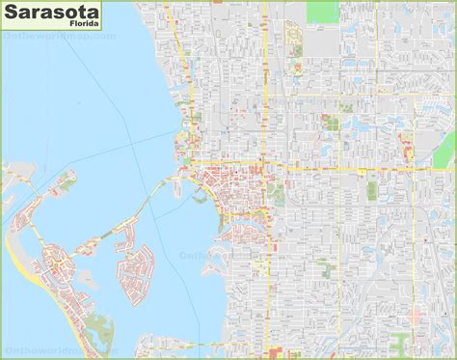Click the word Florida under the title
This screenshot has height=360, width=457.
(68, 30)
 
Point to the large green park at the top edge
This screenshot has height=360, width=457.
(323, 11)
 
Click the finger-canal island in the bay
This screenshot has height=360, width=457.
(134, 271)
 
